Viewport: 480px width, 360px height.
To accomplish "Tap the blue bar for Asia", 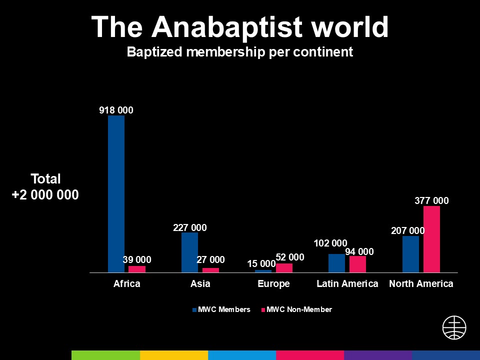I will (x=189, y=252).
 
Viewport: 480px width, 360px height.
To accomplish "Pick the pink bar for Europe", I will (x=284, y=267).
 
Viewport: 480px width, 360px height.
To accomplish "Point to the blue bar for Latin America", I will (x=336, y=263).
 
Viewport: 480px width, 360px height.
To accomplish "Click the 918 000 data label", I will (x=116, y=110).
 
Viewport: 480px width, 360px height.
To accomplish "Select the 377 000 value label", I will (x=431, y=201).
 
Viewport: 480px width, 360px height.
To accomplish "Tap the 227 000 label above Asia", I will (x=190, y=227).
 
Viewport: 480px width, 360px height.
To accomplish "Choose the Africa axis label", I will (x=126, y=284).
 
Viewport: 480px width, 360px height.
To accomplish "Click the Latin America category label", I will (x=347, y=284).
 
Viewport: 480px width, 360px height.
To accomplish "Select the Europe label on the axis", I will (x=274, y=284).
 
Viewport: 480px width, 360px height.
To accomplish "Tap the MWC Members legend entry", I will (x=221, y=310).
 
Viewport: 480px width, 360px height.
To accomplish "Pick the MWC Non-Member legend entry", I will (x=296, y=310).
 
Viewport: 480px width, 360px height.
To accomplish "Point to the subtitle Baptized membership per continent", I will (x=240, y=52).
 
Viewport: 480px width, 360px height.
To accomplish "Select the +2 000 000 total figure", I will (x=45, y=194).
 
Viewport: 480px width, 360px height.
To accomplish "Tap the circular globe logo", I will (x=454, y=328).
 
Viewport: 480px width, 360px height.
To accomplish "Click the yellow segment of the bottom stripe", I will (x=174, y=355).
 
